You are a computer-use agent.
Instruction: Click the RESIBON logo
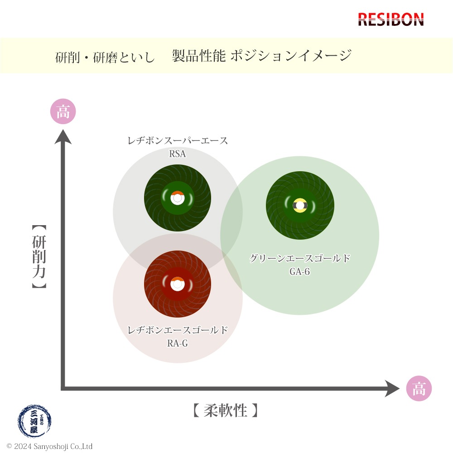click(x=391, y=19)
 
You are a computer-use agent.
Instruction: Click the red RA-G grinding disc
click(x=178, y=284)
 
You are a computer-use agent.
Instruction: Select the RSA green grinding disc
click(x=178, y=198)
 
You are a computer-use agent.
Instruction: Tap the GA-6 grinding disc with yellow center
click(x=300, y=205)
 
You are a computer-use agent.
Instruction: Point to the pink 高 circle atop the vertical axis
click(x=63, y=111)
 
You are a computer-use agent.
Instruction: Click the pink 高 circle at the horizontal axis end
click(x=419, y=389)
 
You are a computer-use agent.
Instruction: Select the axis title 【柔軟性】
click(x=225, y=411)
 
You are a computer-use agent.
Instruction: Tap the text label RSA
click(x=178, y=154)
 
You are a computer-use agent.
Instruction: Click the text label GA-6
click(x=300, y=272)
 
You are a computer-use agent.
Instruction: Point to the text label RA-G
click(x=178, y=343)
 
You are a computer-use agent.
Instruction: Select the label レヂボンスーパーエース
click(x=178, y=141)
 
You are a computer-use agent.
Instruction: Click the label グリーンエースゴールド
click(x=300, y=259)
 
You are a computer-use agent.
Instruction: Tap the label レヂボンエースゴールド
click(x=178, y=330)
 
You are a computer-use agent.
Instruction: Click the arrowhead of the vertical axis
click(x=63, y=135)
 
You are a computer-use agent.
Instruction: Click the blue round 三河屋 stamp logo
click(x=34, y=421)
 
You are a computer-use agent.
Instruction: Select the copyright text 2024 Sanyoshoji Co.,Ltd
click(x=49, y=447)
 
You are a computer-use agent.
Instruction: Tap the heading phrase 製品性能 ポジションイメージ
click(x=262, y=56)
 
